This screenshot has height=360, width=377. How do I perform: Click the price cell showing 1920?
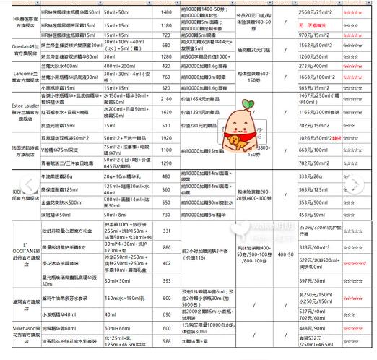coord(166,137)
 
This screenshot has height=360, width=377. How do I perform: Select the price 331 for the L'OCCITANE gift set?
coord(166,231)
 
